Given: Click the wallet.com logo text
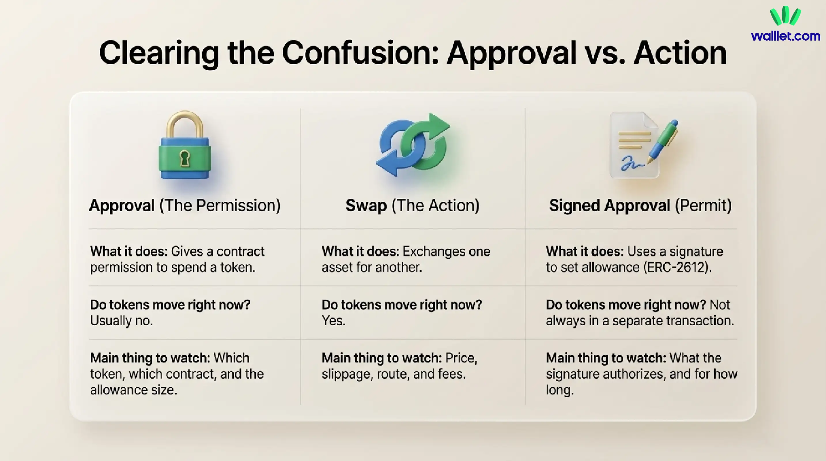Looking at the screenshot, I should (x=785, y=36).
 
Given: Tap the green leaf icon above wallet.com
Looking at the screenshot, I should (x=785, y=16).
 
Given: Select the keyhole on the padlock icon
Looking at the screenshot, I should (x=185, y=158).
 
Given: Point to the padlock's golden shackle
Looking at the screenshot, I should (x=185, y=123).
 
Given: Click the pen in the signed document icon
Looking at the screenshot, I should (x=664, y=141).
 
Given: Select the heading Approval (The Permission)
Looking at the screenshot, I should (x=185, y=205).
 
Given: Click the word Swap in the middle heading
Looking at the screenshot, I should (x=366, y=205).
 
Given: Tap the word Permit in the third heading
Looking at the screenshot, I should (x=703, y=205).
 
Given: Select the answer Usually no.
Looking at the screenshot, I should (x=121, y=321).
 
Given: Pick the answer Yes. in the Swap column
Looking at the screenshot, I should (x=333, y=321).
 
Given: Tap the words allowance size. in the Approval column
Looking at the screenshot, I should (x=133, y=390).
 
